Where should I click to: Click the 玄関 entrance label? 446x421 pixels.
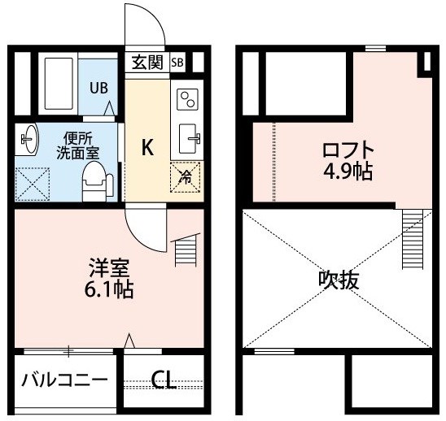point(147,63)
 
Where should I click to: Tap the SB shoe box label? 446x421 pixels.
point(177,63)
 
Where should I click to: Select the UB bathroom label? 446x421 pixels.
point(99,88)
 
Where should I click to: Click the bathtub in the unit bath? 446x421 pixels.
point(59,84)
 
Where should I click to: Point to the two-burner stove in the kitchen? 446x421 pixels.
point(187,99)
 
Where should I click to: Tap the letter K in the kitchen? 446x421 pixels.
point(148,147)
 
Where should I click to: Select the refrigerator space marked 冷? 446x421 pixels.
point(186,176)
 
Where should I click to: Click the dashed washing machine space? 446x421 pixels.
point(33,184)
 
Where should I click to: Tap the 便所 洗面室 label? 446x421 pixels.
point(77,146)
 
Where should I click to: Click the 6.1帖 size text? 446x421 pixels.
point(109,289)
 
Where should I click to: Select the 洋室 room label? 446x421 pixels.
point(109,268)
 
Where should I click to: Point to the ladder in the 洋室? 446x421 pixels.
point(186,250)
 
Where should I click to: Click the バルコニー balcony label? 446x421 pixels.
point(65,380)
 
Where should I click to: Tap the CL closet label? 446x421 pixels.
point(164,380)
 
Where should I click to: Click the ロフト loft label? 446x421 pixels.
point(348,150)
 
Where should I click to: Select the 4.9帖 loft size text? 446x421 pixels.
point(348,171)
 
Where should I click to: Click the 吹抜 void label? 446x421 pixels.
point(339,280)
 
